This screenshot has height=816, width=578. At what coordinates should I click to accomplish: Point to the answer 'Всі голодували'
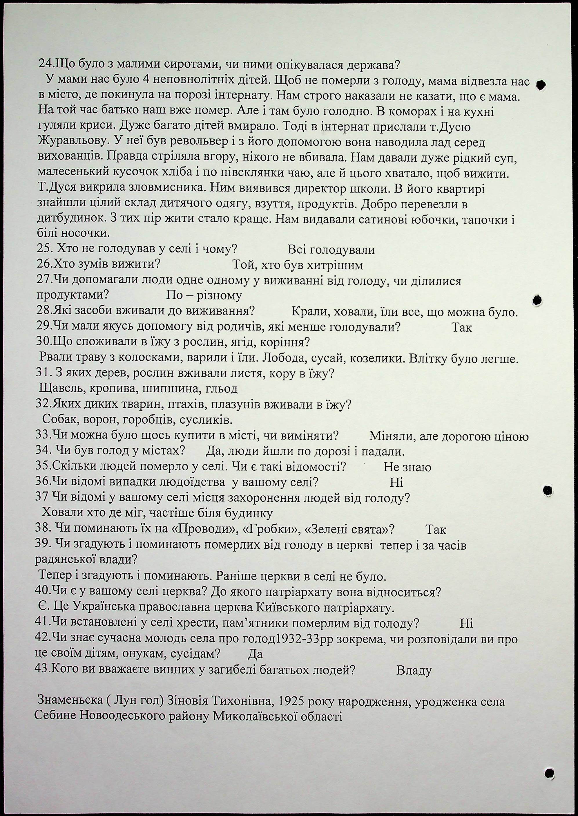click(x=331, y=250)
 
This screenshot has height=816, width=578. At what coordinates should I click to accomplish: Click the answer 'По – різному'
click(x=204, y=295)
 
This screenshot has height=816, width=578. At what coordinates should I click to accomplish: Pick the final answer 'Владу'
click(x=414, y=671)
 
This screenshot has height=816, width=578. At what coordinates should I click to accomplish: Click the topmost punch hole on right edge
click(x=541, y=85)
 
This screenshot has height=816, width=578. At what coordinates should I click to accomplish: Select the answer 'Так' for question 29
click(x=462, y=327)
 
